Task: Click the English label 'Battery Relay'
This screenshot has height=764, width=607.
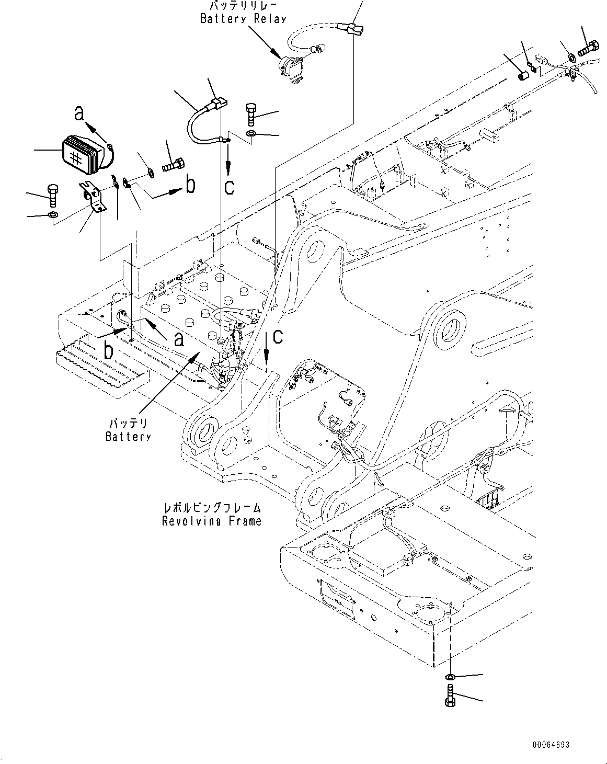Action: tap(243, 19)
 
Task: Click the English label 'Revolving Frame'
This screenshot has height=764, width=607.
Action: tap(211, 521)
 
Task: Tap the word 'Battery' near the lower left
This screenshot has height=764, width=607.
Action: tap(128, 436)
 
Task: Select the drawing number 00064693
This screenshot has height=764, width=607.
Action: tap(551, 745)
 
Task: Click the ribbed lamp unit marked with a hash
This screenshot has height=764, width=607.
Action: tap(82, 154)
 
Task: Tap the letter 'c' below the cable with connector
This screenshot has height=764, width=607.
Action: tap(230, 186)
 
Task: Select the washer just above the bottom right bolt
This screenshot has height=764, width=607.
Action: tap(450, 678)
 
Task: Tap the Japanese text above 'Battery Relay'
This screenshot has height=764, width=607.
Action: tap(243, 6)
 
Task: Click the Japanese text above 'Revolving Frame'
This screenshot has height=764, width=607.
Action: tap(211, 508)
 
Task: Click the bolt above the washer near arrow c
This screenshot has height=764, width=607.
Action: tap(250, 114)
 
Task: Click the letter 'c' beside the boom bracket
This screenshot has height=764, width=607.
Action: tap(278, 336)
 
